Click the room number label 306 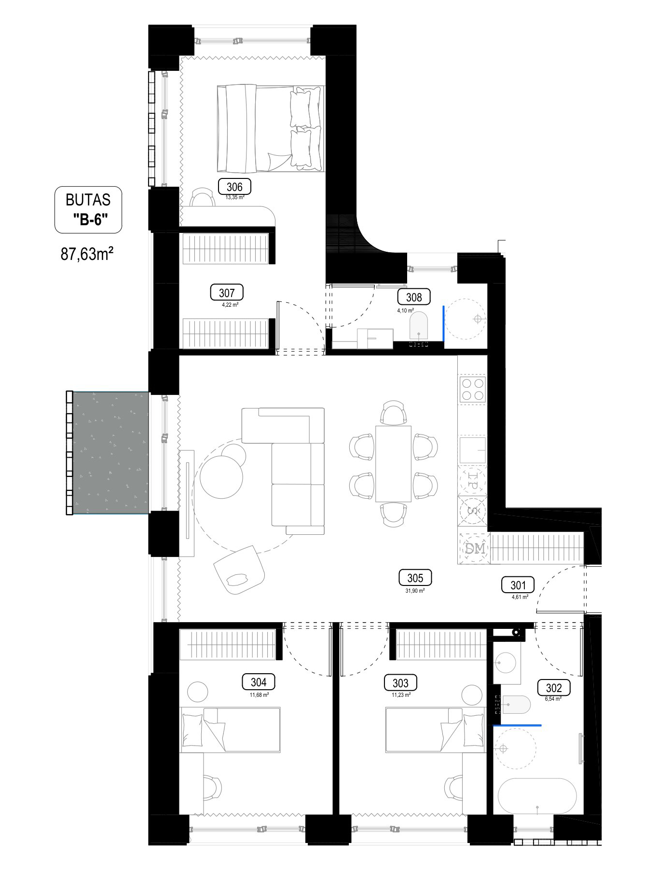click(x=234, y=187)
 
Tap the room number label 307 click(x=227, y=293)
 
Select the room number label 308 click(x=414, y=297)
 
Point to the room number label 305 click(x=415, y=578)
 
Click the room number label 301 click(x=518, y=585)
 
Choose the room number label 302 click(x=554, y=688)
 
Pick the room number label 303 click(x=400, y=683)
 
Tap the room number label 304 click(x=259, y=682)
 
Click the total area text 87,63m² click(x=87, y=253)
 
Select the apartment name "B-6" click(x=90, y=219)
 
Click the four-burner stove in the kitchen click(x=472, y=390)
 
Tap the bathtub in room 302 click(x=537, y=796)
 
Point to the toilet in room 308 click(x=418, y=326)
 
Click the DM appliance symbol click(x=474, y=548)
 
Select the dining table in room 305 click(x=394, y=463)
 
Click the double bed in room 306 click(x=270, y=129)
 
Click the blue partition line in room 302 click(x=517, y=725)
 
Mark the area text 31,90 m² click(x=415, y=590)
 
